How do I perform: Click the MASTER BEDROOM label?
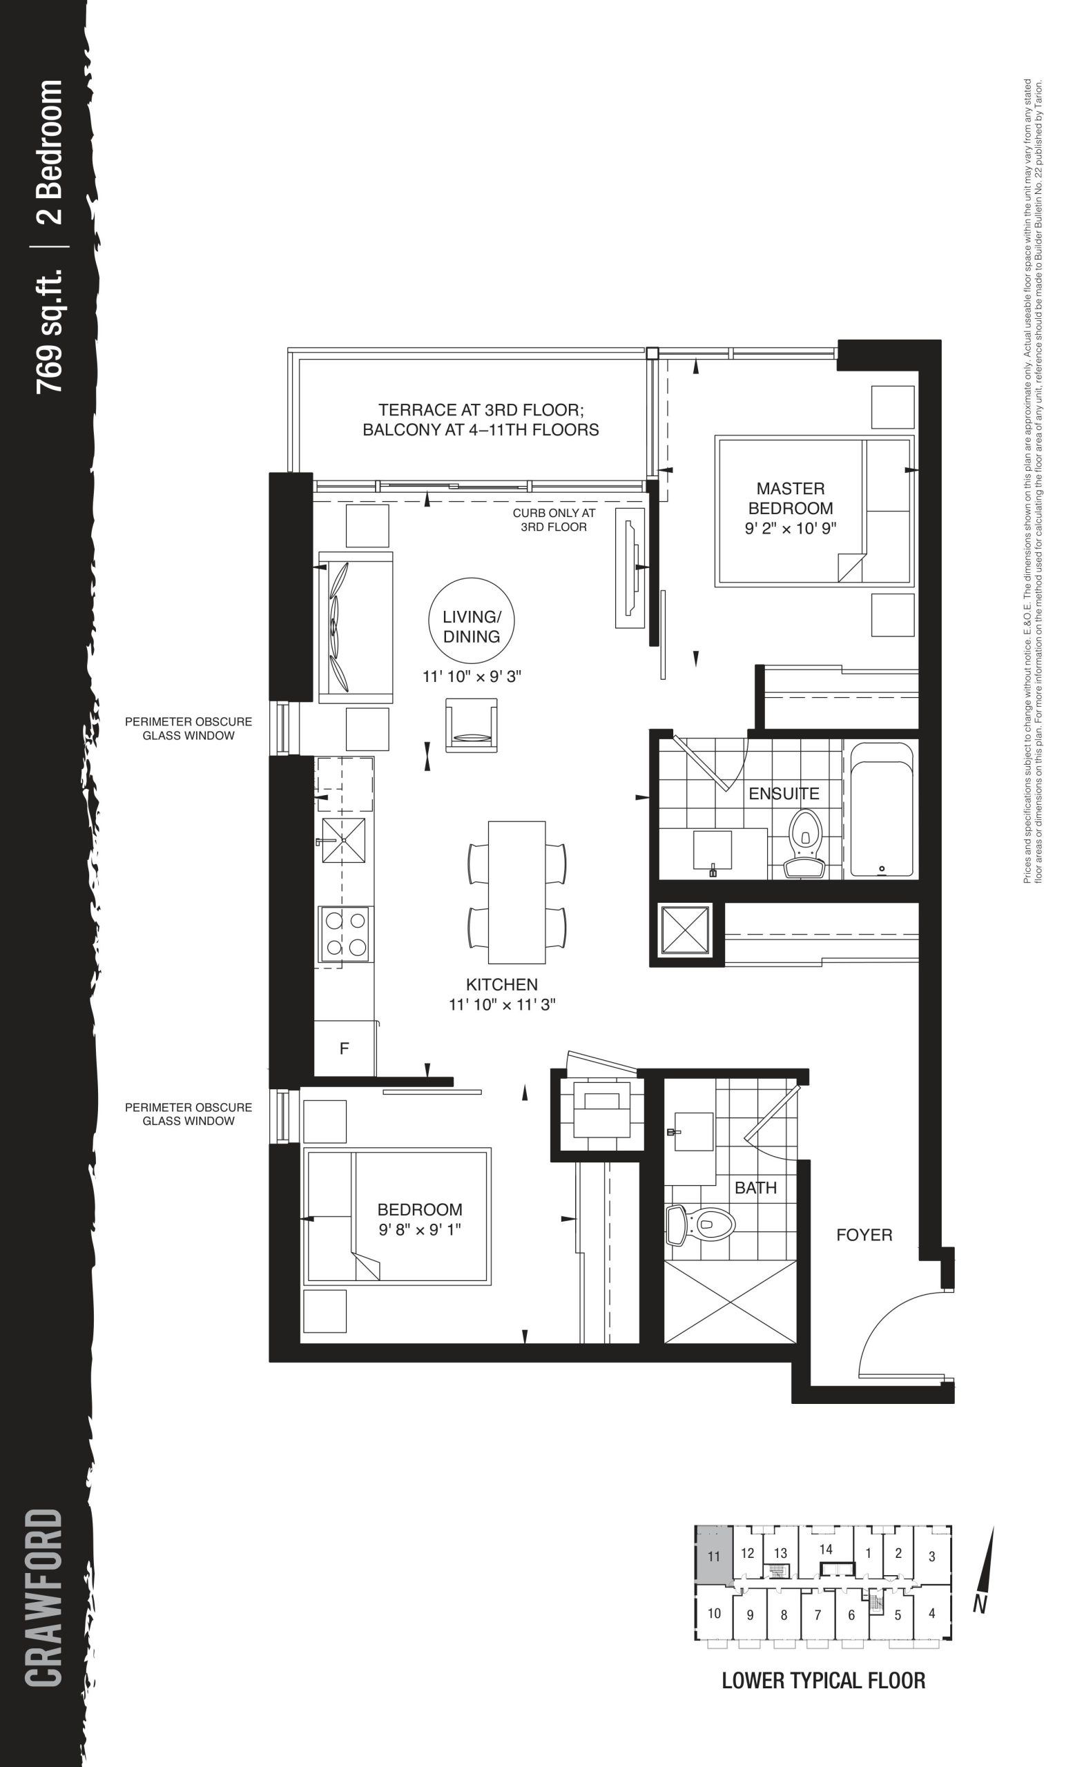(x=791, y=498)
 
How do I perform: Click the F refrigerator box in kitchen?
(x=345, y=1048)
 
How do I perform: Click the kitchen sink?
(x=344, y=840)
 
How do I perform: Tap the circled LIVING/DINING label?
(x=471, y=626)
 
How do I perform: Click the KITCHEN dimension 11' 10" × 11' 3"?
(x=502, y=1004)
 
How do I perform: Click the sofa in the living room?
(x=356, y=627)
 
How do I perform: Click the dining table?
(x=516, y=892)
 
